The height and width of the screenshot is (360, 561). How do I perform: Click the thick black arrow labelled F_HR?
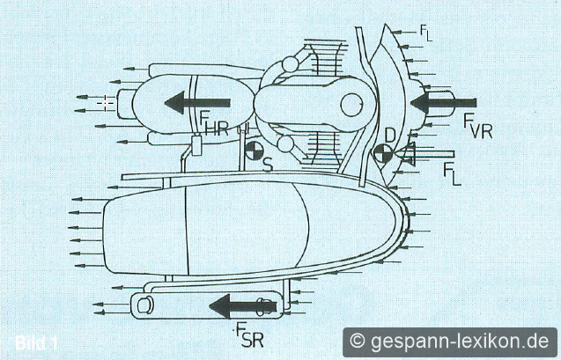pyautogui.click(x=197, y=103)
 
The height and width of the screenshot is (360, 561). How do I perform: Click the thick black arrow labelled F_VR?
pyautogui.click(x=443, y=103)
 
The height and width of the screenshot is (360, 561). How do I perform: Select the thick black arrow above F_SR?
pyautogui.click(x=243, y=306)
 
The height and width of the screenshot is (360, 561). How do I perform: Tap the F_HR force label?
pyautogui.click(x=214, y=124)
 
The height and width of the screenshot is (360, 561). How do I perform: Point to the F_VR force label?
pyautogui.click(x=478, y=126)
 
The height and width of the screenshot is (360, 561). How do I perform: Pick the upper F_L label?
pyautogui.click(x=426, y=33)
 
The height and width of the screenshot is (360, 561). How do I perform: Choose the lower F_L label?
pyautogui.click(x=452, y=173)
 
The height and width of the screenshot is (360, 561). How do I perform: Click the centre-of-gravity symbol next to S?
pyautogui.click(x=254, y=151)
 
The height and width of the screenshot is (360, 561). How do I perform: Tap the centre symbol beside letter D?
pyautogui.click(x=382, y=154)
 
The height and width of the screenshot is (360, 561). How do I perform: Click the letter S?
pyautogui.click(x=268, y=165)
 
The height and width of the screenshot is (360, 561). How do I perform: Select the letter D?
pyautogui.click(x=389, y=136)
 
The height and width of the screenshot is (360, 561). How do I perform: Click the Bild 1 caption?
pyautogui.click(x=36, y=343)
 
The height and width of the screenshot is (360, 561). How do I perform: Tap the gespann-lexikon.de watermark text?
pyautogui.click(x=460, y=341)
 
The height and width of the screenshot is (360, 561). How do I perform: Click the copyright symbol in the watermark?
pyautogui.click(x=357, y=341)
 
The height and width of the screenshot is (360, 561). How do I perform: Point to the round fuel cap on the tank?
pyautogui.click(x=352, y=105)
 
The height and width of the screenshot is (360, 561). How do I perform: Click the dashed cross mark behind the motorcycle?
pyautogui.click(x=106, y=103)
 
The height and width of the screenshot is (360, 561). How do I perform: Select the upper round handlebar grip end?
pyautogui.click(x=290, y=64)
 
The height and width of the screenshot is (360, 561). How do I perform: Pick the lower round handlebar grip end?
pyautogui.click(x=285, y=144)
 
